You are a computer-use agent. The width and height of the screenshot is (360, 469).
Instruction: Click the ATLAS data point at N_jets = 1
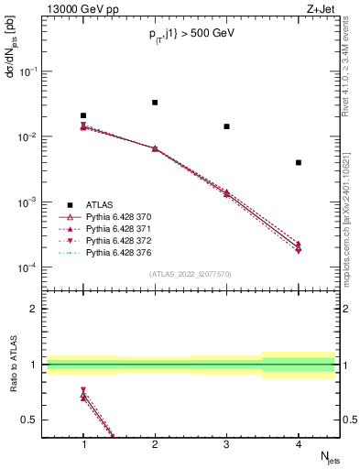[83, 115]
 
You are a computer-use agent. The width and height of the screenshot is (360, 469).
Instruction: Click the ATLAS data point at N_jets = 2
[155, 103]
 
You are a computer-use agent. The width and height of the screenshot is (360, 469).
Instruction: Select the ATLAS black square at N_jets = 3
[226, 126]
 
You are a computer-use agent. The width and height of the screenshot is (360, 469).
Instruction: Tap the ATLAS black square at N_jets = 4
[299, 162]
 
